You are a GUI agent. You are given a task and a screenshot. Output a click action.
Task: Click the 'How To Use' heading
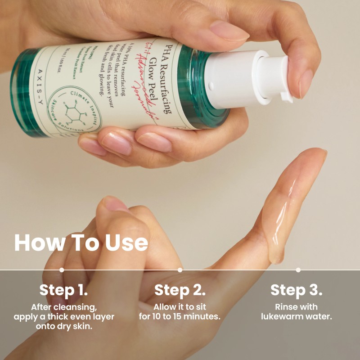pyautogui.click(x=81, y=243)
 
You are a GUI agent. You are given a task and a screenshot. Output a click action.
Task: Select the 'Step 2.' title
pyautogui.click(x=180, y=290)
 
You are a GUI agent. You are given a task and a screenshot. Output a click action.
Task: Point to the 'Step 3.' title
pyautogui.click(x=297, y=290)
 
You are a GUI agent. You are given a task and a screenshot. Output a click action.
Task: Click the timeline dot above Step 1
pyautogui.click(x=62, y=270)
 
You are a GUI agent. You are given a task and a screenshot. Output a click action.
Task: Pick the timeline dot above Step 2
pyautogui.click(x=180, y=270)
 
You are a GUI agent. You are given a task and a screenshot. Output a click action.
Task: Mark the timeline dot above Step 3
pyautogui.click(x=298, y=270)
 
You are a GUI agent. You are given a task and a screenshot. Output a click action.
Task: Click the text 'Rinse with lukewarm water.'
pyautogui.click(x=297, y=312)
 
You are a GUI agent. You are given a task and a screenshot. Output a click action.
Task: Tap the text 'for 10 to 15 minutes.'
pyautogui.click(x=180, y=317)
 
